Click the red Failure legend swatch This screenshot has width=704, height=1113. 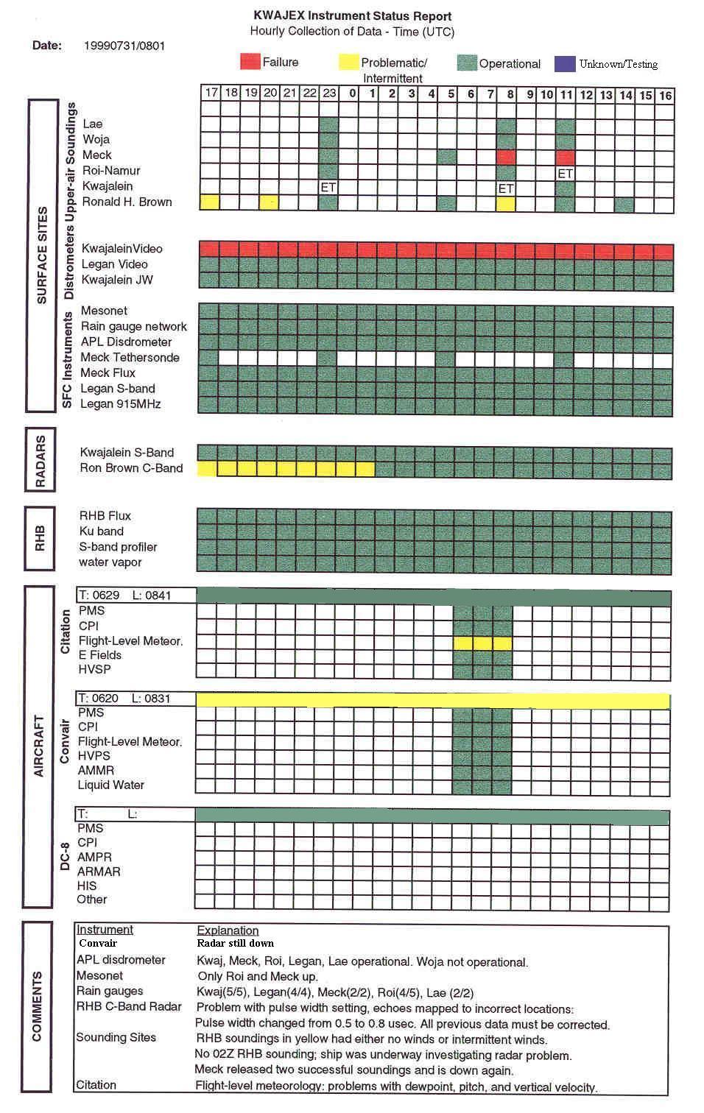point(250,62)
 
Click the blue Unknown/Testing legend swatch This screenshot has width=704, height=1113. point(565,63)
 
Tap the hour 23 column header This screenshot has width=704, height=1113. point(329,93)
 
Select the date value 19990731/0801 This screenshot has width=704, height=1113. point(124,46)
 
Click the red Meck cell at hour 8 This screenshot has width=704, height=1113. point(506,157)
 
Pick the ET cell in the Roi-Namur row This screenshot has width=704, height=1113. point(565,174)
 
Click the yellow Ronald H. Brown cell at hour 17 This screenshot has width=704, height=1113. point(210,202)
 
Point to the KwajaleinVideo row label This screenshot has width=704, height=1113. point(122,249)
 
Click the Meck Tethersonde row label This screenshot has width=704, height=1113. point(130,358)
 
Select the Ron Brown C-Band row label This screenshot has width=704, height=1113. point(131,468)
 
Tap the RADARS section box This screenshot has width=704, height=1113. point(41,462)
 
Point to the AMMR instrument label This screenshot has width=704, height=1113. point(96,771)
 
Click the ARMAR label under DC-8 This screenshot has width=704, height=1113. point(99,872)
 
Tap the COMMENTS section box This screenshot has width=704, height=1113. point(38,1006)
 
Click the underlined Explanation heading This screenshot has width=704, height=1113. point(228,930)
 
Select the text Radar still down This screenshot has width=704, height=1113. point(235,943)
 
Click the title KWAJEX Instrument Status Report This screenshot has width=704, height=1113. point(352,15)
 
